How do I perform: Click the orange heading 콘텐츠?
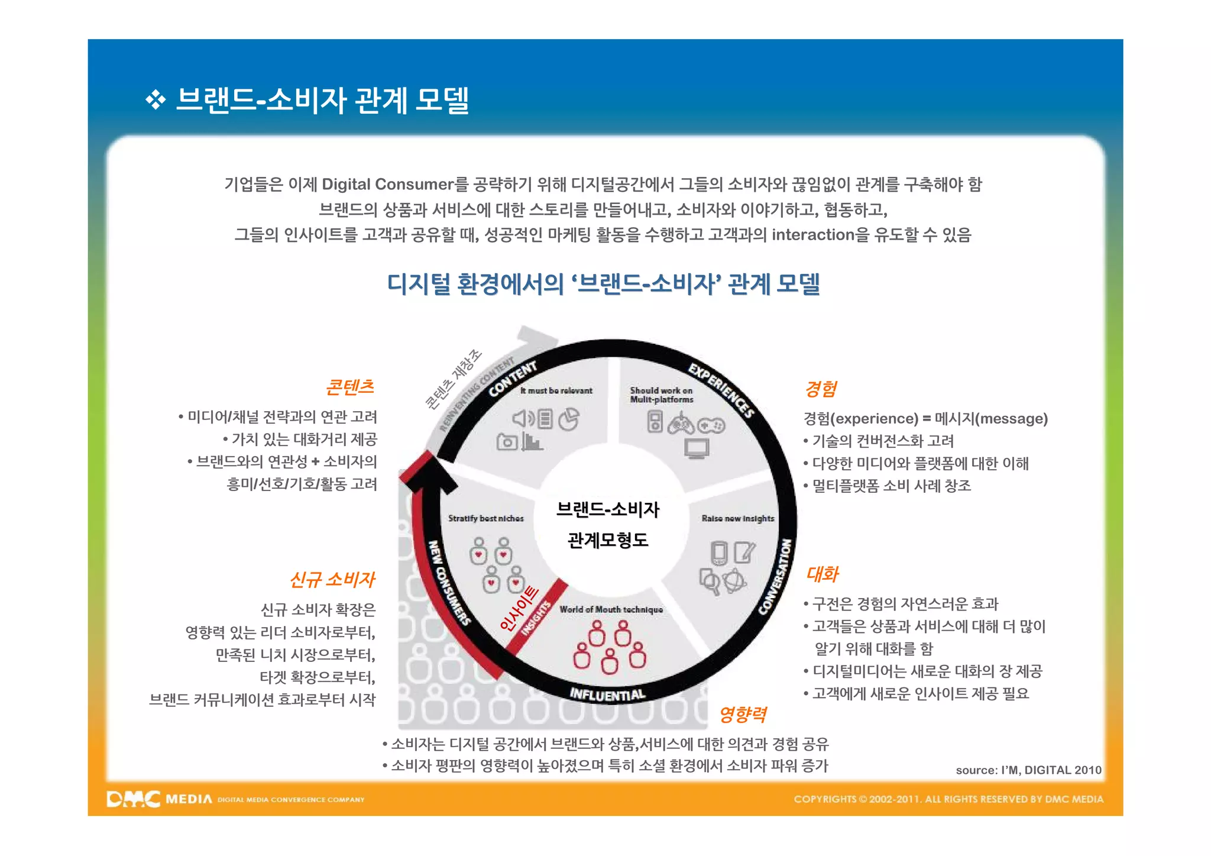pos(350,387)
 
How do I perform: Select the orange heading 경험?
pos(821,389)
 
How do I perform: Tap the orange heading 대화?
pos(823,574)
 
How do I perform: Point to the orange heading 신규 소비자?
pos(332,579)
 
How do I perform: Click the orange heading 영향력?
pos(743,715)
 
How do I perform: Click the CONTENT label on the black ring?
pos(513,379)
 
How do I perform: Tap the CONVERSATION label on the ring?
pos(776,577)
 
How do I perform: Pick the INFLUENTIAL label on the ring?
pos(607,695)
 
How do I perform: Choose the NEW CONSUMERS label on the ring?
pos(448,583)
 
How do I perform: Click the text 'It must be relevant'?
pos(556,390)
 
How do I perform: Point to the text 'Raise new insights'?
pos(737,518)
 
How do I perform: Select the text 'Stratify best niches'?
pos(485,518)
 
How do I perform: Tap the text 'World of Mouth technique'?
pos(611,609)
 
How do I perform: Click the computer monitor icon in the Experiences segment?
pos(697,448)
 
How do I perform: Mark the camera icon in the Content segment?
pos(507,442)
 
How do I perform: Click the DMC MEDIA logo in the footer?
pos(160,799)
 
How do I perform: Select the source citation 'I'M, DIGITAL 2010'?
pos(1028,770)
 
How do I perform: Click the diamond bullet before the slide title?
pos(156,100)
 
